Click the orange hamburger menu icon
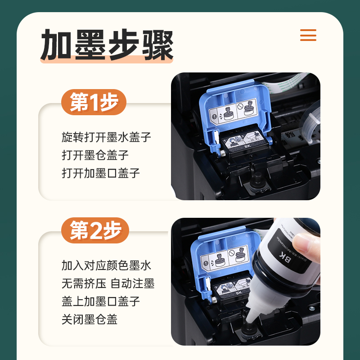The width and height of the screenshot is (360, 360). pyautogui.click(x=308, y=35)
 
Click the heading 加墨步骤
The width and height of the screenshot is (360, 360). pyautogui.click(x=107, y=45)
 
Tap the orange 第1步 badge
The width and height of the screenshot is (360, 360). pyautogui.click(x=94, y=103)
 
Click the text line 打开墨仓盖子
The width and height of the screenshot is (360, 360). pyautogui.click(x=95, y=155)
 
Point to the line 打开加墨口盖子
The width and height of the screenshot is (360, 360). pyautogui.click(x=101, y=173)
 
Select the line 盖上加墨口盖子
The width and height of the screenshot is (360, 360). pyautogui.click(x=101, y=301)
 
